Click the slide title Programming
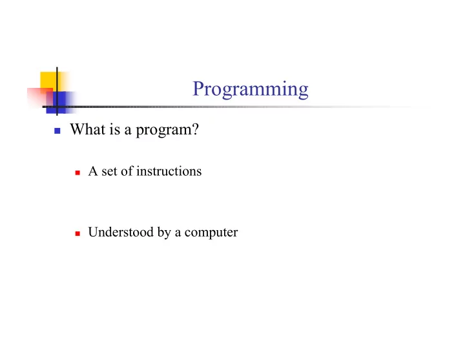coord(251,89)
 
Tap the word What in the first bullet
coord(87,129)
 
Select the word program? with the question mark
coord(167,131)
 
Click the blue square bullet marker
coord(57,131)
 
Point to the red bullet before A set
coord(77,173)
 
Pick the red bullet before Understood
coord(77,233)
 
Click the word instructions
coord(169,171)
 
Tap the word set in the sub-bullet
coord(109,171)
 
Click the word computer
coord(211,233)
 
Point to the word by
coord(164,233)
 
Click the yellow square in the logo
coord(50,81)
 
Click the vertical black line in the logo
coord(57,91)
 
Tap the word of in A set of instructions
coord(127,171)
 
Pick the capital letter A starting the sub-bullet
coord(93,171)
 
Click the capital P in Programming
coord(198,89)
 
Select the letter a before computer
coord(178,233)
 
